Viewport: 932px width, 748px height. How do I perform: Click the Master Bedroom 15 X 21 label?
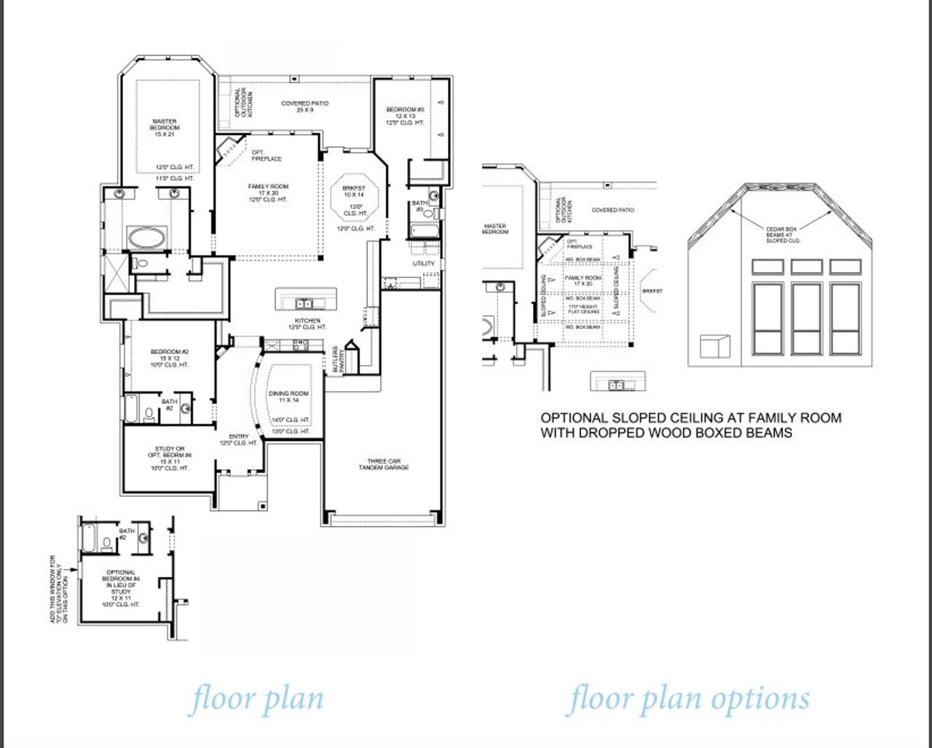tap(165, 127)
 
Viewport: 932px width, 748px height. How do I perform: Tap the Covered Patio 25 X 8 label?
tap(305, 107)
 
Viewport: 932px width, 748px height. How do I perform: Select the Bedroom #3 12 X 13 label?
tap(405, 116)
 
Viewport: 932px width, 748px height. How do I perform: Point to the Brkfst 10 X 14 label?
tap(353, 191)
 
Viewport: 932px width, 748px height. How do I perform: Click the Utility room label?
tap(424, 263)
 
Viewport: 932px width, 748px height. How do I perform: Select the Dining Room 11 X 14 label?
tap(289, 397)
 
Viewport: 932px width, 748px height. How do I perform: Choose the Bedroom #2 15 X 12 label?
tap(170, 358)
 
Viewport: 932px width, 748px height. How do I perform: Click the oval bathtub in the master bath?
tap(146, 237)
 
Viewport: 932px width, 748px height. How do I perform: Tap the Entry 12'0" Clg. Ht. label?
tap(238, 439)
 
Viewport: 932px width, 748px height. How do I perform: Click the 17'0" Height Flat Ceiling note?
tap(583, 309)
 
